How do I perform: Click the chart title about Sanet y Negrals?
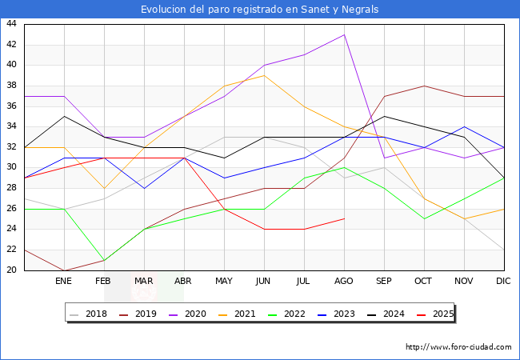[x=260, y=10]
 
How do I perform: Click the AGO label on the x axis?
[x=344, y=282]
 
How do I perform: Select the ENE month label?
[x=64, y=282]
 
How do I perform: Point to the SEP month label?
[x=384, y=282]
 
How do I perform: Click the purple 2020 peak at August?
[x=344, y=34]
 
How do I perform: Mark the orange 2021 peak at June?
[x=264, y=75]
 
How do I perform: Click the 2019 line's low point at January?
[x=64, y=270]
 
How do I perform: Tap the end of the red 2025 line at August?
[x=344, y=219]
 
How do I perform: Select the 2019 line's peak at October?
[x=424, y=86]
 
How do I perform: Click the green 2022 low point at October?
[x=424, y=219]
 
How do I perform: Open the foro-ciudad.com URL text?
[x=458, y=347]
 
